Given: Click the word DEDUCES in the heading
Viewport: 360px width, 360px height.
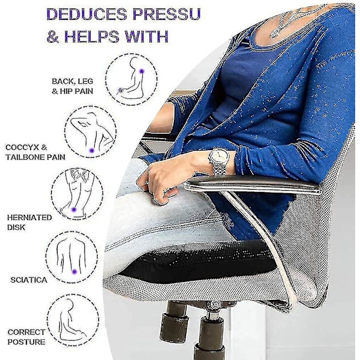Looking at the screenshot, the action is coord(86,14).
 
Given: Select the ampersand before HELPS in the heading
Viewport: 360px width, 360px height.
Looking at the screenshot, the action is coord(53,37).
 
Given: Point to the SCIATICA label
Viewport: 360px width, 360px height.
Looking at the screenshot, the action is coord(29,280).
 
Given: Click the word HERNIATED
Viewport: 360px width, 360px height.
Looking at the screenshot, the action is coord(29,217).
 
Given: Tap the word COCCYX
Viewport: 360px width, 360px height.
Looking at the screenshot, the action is coord(23,148).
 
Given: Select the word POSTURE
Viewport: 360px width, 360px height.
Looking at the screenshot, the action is coord(26,342).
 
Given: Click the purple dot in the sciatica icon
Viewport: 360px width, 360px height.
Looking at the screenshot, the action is coord(74,272).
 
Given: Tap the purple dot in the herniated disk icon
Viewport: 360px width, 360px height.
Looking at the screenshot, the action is coord(74,209).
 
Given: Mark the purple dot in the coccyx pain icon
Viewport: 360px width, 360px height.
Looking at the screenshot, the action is coord(92,151).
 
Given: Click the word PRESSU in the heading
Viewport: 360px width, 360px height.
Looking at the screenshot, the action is coord(166,14).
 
